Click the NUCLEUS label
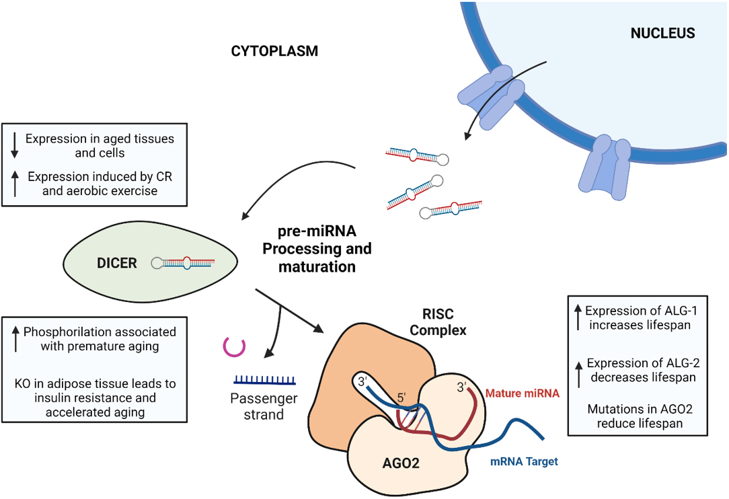662,34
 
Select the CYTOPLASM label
274,51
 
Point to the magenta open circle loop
233,346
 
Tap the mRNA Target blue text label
524,462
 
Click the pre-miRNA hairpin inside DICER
183,263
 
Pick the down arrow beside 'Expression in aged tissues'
15,145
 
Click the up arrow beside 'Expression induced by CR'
15,184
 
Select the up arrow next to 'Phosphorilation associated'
15,338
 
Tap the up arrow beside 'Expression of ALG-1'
577,317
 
